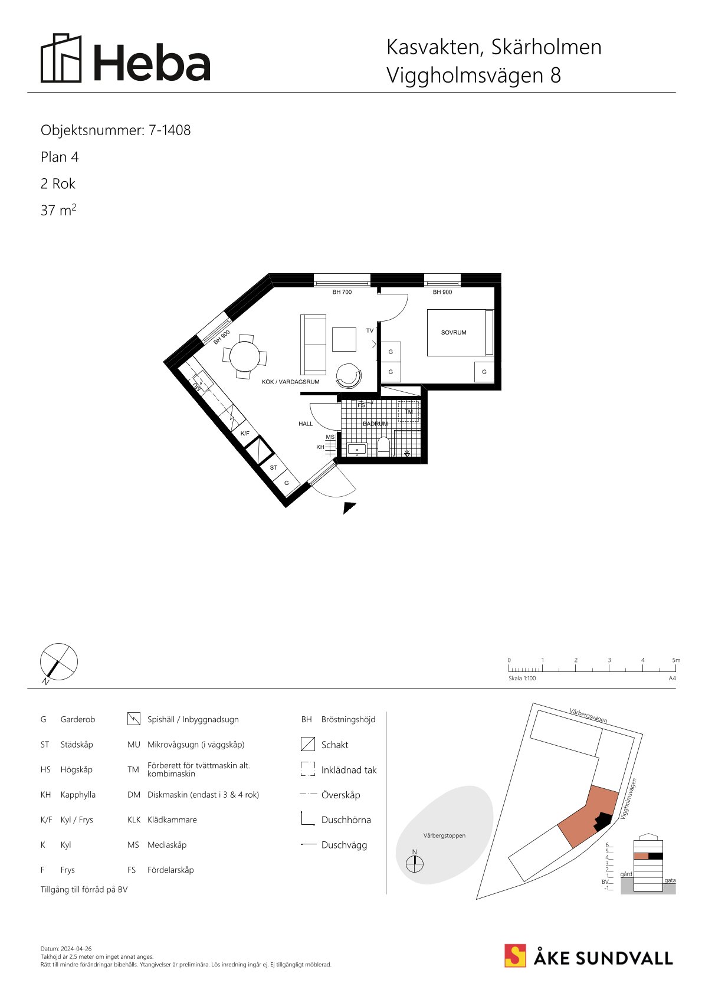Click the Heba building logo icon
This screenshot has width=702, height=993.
(61, 58)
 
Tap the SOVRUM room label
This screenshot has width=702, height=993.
(454, 333)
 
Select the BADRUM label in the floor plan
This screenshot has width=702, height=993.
(375, 424)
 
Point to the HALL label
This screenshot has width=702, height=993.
(306, 424)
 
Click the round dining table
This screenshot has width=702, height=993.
(245, 356)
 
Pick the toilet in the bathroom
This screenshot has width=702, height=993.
(383, 446)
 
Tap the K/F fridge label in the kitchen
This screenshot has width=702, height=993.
(245, 433)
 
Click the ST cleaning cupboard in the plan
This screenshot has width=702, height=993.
(274, 467)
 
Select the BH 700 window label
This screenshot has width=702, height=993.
(342, 292)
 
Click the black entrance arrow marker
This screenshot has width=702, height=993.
(348, 507)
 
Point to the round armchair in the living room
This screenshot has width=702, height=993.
(349, 376)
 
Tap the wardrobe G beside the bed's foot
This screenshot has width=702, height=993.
(484, 372)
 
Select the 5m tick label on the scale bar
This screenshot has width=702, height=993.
(676, 660)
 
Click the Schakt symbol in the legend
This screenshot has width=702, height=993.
(307, 744)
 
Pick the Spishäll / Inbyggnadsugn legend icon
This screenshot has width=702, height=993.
(134, 719)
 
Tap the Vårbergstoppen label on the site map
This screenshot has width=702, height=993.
(444, 835)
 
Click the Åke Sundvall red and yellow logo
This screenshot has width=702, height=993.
(515, 956)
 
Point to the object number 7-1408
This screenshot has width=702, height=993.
(169, 130)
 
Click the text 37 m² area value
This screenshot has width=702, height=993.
(58, 209)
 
